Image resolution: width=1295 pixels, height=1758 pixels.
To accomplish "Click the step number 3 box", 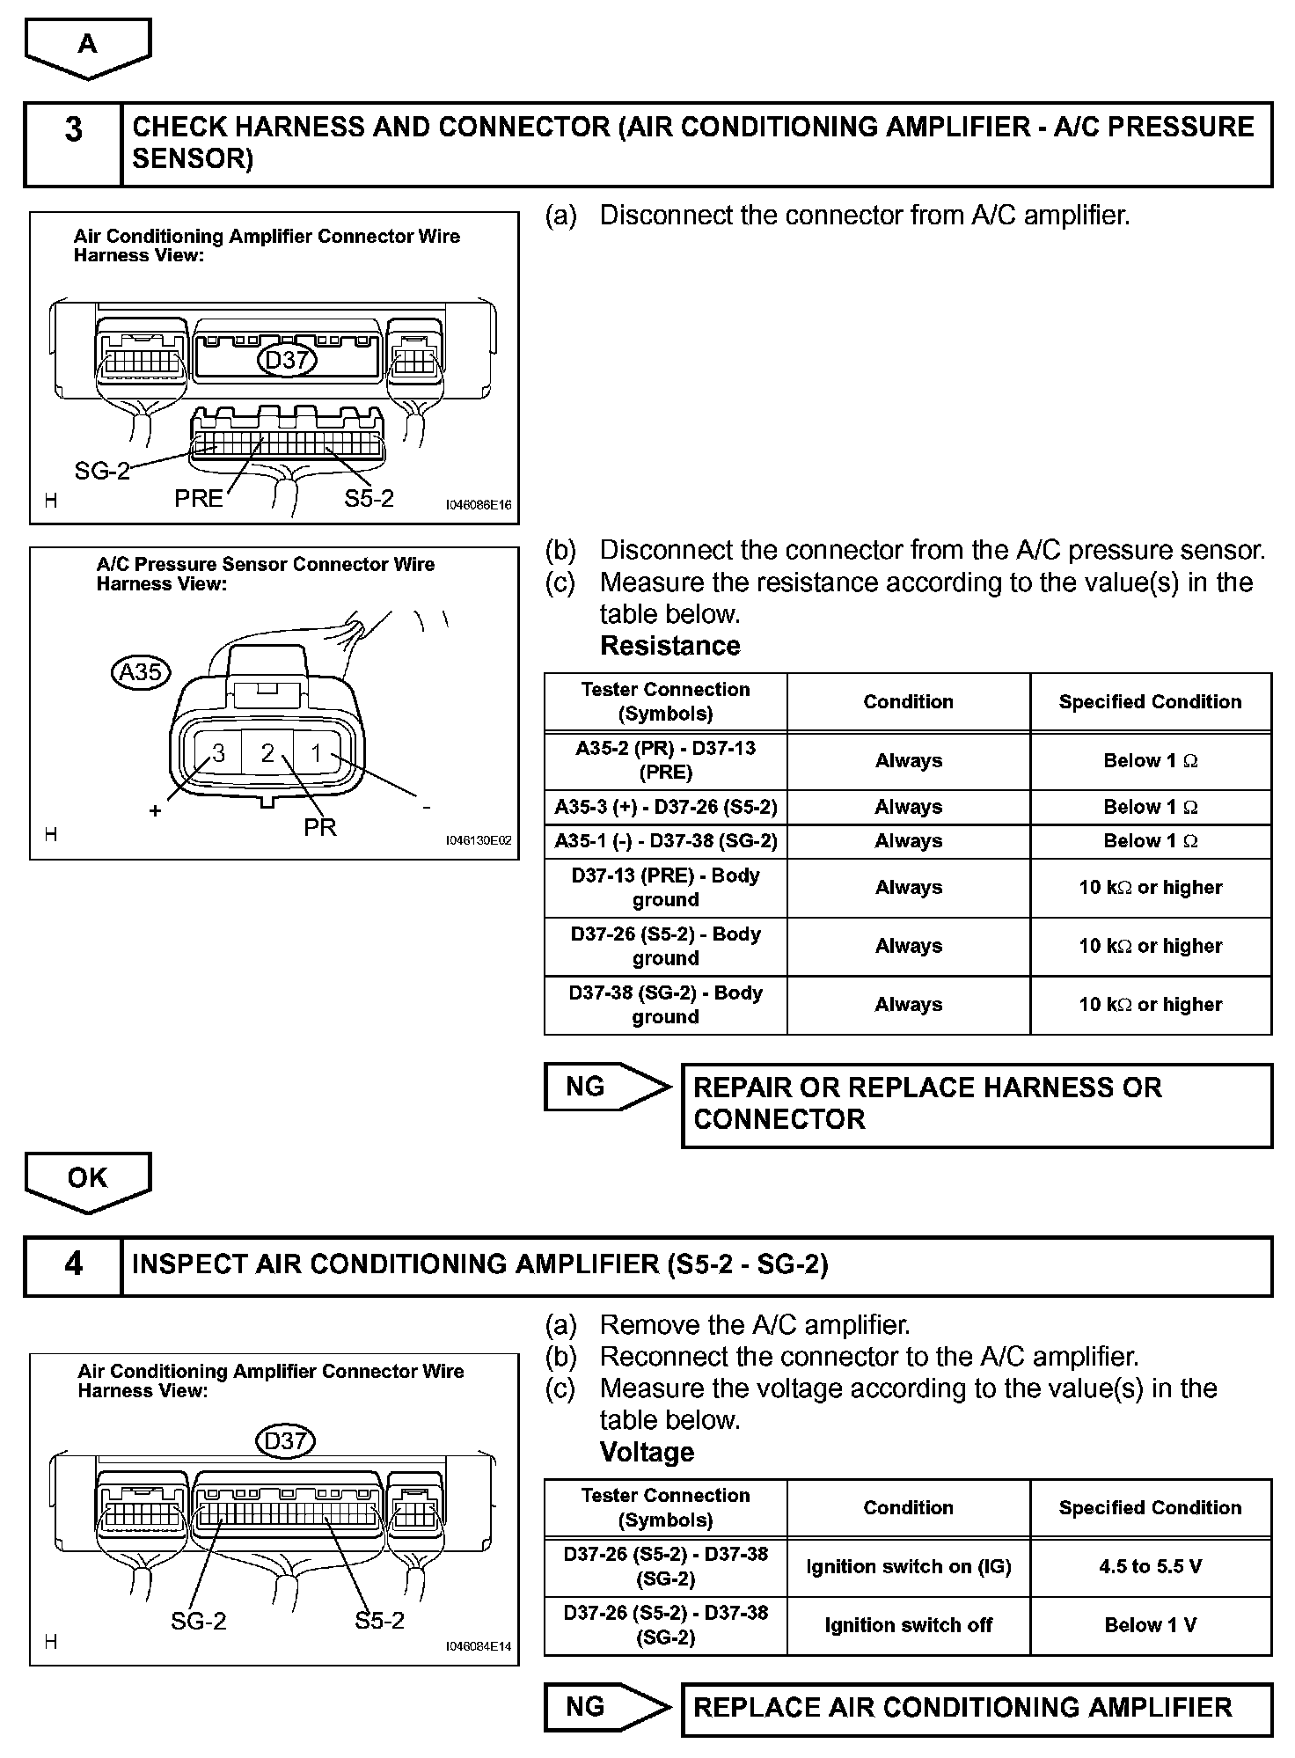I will click(74, 144).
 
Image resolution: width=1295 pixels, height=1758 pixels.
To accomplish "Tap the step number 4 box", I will click(74, 1266).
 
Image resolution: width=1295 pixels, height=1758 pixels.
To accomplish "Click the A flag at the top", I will click(88, 44).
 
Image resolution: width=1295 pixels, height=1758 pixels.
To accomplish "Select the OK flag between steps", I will click(88, 1178).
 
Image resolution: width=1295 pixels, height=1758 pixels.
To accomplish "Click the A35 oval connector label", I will click(141, 672).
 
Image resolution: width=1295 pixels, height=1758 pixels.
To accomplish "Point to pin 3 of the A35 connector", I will click(218, 753).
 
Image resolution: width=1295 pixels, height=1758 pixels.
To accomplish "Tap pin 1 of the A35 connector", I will click(317, 753).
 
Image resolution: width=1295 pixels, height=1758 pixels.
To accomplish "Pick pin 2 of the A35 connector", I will click(267, 753).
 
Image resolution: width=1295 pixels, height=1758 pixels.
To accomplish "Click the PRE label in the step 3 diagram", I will click(199, 499).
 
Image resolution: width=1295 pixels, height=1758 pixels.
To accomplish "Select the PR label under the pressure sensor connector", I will click(319, 828).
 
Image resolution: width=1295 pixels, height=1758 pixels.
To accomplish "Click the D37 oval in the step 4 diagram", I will click(285, 1441).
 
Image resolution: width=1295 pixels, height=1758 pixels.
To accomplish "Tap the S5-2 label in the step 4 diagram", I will click(379, 1621).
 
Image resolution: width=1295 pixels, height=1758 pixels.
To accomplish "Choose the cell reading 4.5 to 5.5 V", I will click(1151, 1567).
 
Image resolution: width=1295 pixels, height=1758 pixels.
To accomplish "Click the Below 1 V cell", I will click(1151, 1625).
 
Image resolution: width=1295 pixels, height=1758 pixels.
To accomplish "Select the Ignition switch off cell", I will click(908, 1625).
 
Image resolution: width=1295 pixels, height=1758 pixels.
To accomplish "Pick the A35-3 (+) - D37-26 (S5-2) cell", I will click(665, 807).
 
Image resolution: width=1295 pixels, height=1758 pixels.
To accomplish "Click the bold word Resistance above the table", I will click(669, 646).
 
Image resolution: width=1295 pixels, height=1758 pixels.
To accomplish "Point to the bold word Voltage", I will click(647, 1452).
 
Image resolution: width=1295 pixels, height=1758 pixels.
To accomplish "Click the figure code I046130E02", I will click(478, 840).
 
